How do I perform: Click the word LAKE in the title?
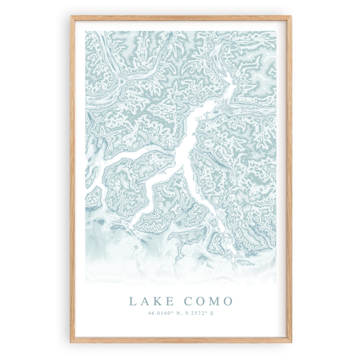pyautogui.click(x=151, y=301)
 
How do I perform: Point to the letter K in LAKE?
pyautogui.click(x=159, y=301)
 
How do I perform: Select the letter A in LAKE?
pyautogui.click(x=145, y=301)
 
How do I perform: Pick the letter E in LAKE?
pyautogui.click(x=172, y=301)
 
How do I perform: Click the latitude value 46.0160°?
pyautogui.click(x=159, y=313)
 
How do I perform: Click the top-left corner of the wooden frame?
pyautogui.click(x=71, y=17)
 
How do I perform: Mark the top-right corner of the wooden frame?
pyautogui.click(x=290, y=17)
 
